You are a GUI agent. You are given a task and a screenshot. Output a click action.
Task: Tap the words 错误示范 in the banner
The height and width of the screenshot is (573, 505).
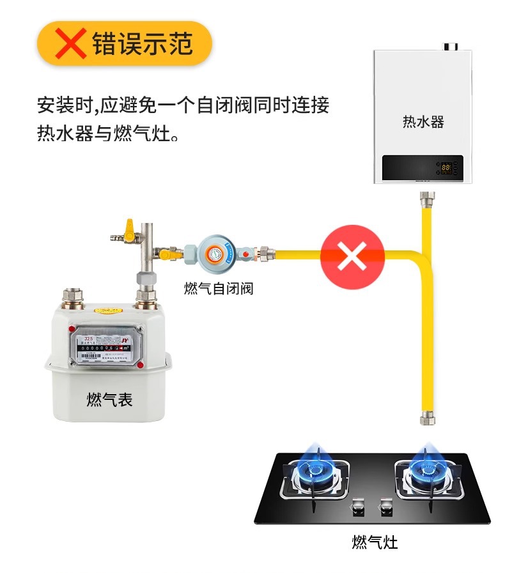[x=143, y=43]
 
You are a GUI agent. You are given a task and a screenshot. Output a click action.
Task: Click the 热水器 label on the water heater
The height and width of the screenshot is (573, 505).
[x=423, y=121]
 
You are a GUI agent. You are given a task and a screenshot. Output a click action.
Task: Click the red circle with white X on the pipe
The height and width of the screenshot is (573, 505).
[x=352, y=256]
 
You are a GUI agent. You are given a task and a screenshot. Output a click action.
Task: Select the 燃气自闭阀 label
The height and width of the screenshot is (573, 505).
[x=219, y=289]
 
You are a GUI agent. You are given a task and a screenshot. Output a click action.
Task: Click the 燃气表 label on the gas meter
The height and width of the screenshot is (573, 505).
[x=109, y=400]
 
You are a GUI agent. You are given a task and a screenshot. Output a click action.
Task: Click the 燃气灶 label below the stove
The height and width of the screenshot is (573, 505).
[x=375, y=542]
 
